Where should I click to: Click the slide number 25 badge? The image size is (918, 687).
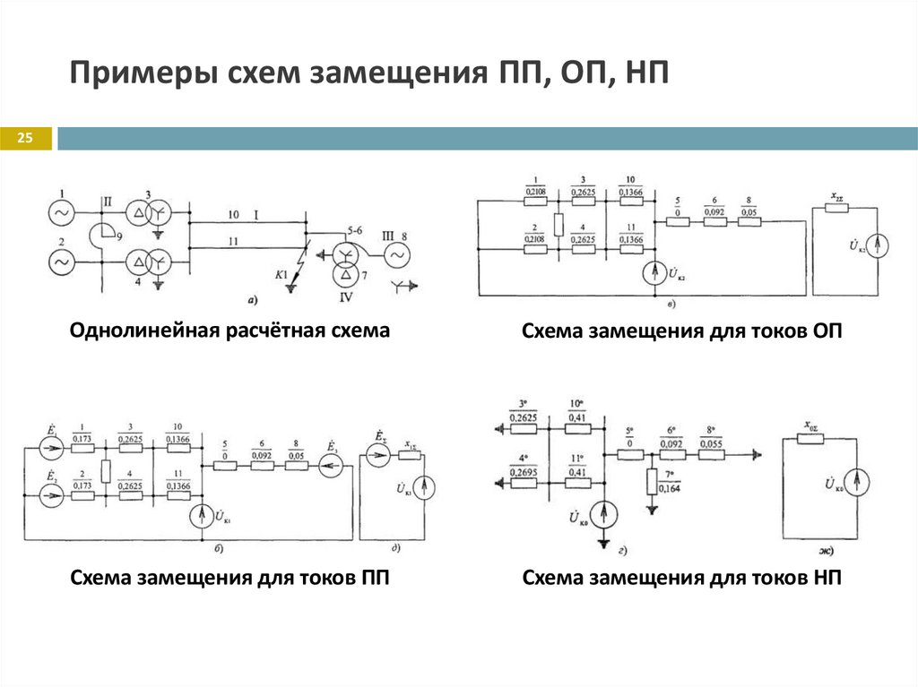point(24,138)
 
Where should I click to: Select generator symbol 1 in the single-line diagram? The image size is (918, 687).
point(64,213)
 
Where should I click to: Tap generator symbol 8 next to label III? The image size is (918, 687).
point(393,255)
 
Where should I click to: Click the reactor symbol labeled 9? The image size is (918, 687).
point(100,237)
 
